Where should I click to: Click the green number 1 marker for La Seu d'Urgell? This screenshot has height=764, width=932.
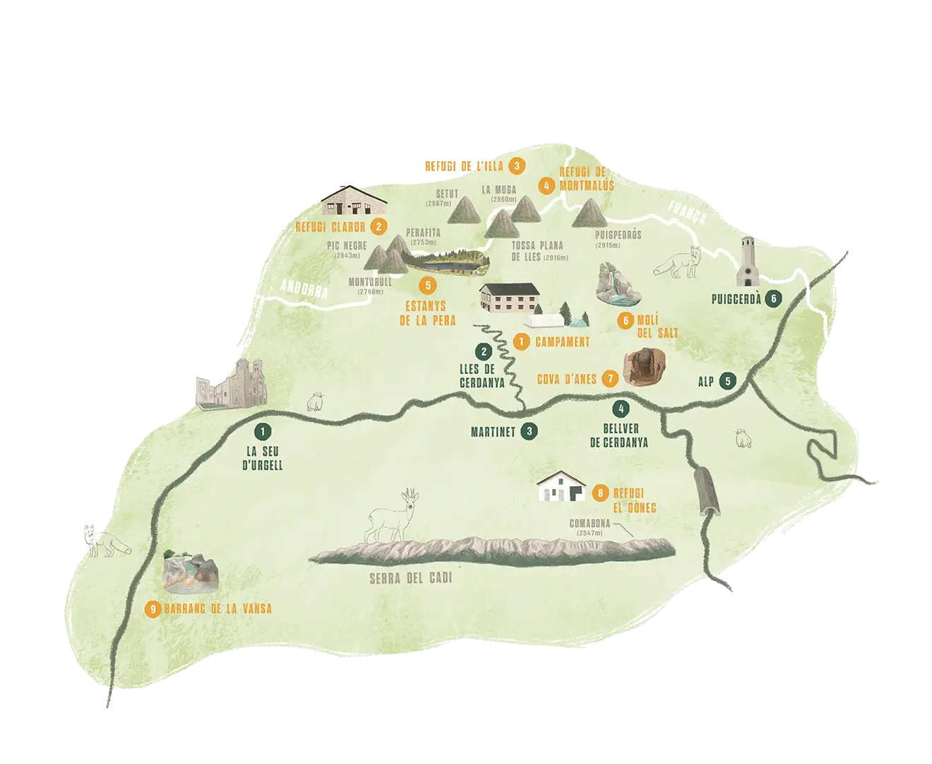(x=262, y=430)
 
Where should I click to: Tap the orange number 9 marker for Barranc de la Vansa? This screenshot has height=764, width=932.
(x=152, y=609)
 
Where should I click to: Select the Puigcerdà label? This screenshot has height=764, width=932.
(x=736, y=299)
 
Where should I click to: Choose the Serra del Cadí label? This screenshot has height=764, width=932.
(x=410, y=579)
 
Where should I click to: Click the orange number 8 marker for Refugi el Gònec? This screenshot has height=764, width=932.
(x=599, y=493)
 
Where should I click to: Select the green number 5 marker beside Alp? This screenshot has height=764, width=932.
(x=728, y=380)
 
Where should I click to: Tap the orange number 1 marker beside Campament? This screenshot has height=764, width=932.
(x=522, y=341)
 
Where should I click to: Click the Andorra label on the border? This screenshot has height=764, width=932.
(x=304, y=288)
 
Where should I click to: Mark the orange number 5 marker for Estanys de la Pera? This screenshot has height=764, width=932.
(x=426, y=285)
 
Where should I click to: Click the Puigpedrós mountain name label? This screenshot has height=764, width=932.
(x=618, y=235)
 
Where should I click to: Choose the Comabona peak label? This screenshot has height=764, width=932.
(x=590, y=524)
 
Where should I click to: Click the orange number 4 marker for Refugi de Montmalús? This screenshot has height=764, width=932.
(x=546, y=187)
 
